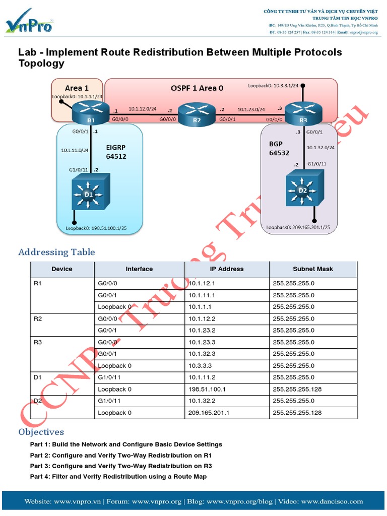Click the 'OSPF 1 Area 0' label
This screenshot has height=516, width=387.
click(197, 88)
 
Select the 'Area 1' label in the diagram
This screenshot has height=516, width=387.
click(77, 88)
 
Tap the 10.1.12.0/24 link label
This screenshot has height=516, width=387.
click(142, 108)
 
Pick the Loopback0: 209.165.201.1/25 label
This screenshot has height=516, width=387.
click(298, 227)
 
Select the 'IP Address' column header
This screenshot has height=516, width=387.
click(226, 269)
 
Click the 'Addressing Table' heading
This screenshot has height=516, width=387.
click(56, 252)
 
